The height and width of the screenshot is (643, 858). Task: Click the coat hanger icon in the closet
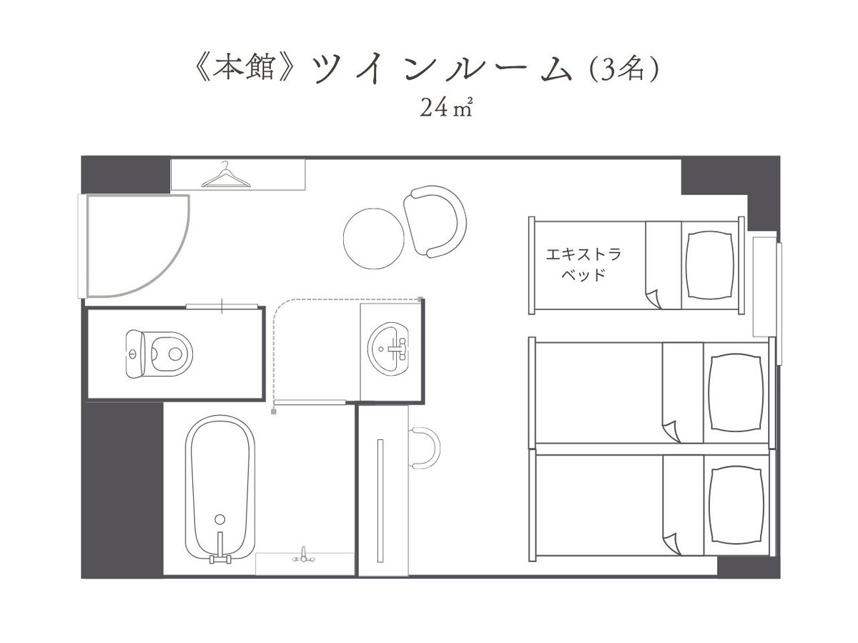(225, 175)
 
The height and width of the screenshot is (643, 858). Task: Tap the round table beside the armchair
(373, 239)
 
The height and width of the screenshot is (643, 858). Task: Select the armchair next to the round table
(435, 221)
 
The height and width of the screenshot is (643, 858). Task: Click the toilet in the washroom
(159, 354)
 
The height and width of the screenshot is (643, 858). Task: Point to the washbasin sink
(388, 349)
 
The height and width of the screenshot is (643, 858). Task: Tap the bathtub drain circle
(220, 519)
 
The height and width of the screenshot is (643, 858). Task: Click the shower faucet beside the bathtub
(303, 555)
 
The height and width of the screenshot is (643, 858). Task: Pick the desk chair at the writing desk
(425, 447)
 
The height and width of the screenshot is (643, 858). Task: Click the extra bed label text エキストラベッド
(583, 264)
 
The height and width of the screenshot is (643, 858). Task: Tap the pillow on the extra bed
(710, 266)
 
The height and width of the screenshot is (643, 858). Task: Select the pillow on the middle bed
(736, 392)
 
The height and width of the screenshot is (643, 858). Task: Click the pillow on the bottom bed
(736, 505)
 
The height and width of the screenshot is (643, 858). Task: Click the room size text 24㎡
(446, 108)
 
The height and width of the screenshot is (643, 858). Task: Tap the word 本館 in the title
(244, 66)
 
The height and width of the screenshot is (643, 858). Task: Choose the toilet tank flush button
(133, 354)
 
